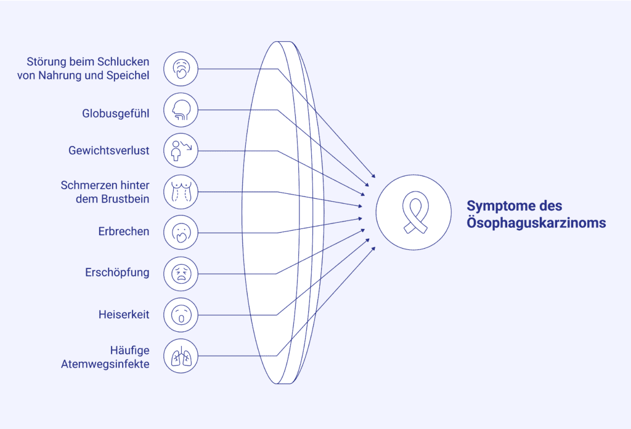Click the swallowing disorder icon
[181, 69]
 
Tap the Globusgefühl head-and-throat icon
[181, 110]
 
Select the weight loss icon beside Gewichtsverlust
[181, 151]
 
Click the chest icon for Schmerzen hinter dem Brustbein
[181, 192]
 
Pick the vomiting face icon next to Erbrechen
[181, 233]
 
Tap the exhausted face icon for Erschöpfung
[181, 273]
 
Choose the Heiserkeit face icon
[181, 315]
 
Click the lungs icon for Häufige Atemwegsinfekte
[181, 356]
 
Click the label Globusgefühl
[115, 113]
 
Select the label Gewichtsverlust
[108, 150]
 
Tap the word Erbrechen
[123, 232]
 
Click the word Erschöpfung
[117, 272]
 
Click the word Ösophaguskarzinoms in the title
[536, 223]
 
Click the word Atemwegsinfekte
[105, 363]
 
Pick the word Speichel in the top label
[128, 76]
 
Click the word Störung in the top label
[44, 62]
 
